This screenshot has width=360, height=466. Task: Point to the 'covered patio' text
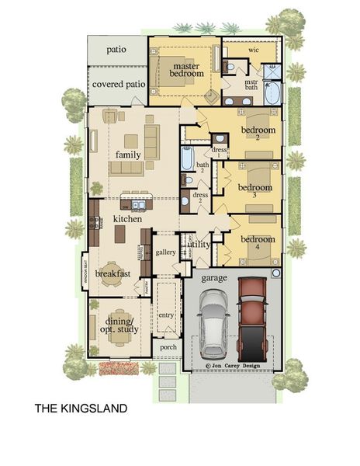coord(116,84)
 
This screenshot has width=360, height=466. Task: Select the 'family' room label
coord(128,155)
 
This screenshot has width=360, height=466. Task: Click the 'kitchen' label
coord(128,220)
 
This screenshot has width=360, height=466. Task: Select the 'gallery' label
coord(166,252)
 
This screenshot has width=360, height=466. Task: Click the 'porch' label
coord(167,347)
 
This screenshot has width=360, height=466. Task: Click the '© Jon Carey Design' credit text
coord(231,363)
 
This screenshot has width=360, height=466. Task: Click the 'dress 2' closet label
coord(200,199)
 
